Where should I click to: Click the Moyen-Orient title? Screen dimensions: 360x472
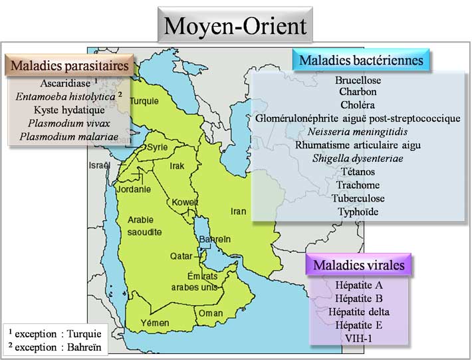pos(235,26)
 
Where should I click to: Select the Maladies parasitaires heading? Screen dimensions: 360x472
pos(69,66)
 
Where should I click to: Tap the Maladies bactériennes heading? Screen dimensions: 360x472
pos(361,61)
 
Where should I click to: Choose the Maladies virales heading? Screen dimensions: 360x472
pos(358,265)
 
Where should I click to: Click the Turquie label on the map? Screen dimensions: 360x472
pos(144,102)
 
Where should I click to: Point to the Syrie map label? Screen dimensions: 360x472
pos(158,146)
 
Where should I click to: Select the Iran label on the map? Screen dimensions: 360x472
pos(238,212)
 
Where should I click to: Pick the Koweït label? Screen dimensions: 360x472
pos(185,202)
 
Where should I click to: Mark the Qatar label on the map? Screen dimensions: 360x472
pos(180,255)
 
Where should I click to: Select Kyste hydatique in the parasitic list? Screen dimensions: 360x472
pos(69,110)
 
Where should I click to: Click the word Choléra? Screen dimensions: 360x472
pos(357,105)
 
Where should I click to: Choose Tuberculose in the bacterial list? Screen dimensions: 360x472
pos(360,198)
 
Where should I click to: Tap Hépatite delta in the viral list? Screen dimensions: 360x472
pos(362,311)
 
